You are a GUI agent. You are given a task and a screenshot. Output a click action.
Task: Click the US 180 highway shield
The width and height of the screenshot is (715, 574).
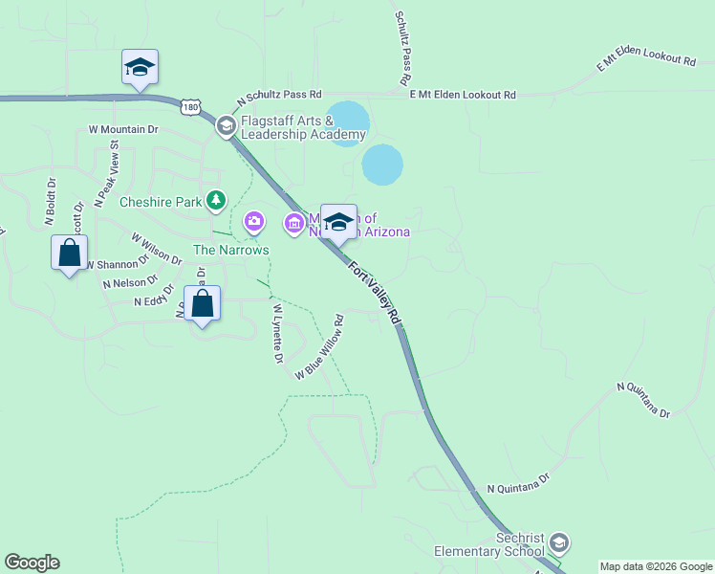193,108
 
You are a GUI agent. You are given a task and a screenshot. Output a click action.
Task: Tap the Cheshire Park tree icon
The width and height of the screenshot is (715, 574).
218,200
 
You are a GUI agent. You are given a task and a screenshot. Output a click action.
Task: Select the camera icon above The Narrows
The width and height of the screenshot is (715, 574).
253,222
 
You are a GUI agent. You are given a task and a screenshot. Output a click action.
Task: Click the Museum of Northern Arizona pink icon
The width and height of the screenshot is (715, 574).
293,224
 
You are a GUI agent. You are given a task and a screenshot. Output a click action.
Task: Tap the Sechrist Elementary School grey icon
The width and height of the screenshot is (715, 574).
560,543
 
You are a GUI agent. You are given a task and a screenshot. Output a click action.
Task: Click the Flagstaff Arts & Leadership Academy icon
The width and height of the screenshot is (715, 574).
226,125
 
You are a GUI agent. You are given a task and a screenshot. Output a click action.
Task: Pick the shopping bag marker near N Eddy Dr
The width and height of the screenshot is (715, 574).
203,305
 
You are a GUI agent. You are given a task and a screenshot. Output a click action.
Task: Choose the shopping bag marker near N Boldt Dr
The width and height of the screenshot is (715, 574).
70,254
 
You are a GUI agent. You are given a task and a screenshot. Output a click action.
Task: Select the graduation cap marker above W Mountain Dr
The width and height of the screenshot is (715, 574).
140,68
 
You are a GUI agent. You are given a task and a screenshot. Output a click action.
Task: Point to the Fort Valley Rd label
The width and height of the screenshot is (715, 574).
374,292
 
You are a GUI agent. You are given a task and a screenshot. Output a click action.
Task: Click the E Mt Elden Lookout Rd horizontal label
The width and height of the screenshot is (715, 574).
463,95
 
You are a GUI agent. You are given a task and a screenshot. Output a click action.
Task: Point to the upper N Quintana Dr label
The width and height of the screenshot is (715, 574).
643,400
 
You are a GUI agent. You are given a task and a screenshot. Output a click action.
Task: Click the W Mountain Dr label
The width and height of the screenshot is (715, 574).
123,128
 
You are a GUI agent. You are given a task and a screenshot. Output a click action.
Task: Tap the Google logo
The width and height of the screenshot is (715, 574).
32,563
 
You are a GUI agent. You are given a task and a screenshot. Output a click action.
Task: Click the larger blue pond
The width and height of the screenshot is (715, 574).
382,165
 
